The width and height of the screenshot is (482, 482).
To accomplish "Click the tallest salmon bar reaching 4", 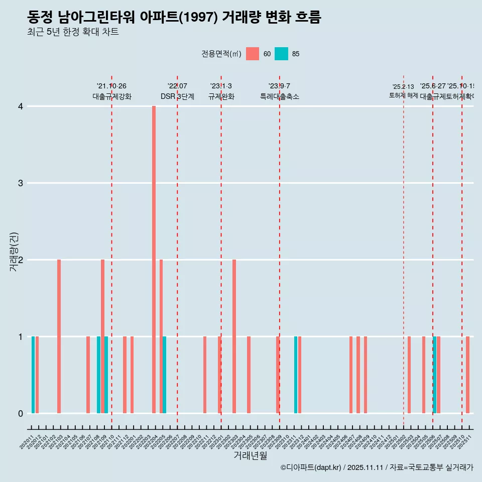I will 154,260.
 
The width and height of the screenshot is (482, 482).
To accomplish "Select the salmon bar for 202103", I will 59,336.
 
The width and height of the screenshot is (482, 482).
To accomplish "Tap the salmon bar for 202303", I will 234,336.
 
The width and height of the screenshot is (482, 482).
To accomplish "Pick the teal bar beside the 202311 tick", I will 296,375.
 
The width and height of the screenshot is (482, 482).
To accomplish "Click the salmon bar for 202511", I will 467,375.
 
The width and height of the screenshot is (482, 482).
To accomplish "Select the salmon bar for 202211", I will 205,375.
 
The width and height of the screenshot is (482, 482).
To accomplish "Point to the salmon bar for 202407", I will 351,375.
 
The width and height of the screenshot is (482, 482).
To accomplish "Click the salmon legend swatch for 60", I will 253,54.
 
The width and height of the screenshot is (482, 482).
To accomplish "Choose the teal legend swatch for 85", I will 281,54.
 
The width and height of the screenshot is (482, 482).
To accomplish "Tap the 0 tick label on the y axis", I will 21,414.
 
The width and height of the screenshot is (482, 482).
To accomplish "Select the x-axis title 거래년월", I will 250,455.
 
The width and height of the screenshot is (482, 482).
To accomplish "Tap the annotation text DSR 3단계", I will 177,96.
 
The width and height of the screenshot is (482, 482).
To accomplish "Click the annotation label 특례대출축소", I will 279,96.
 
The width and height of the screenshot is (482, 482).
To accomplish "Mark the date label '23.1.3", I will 221,86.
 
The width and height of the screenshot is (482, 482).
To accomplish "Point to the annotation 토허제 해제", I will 403,95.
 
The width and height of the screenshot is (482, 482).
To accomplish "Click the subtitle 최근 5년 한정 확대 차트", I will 73,33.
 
